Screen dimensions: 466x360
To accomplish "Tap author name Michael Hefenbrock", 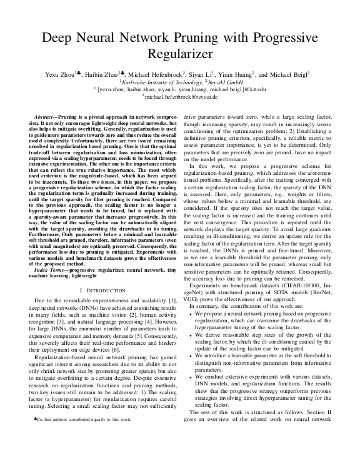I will [149, 74].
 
